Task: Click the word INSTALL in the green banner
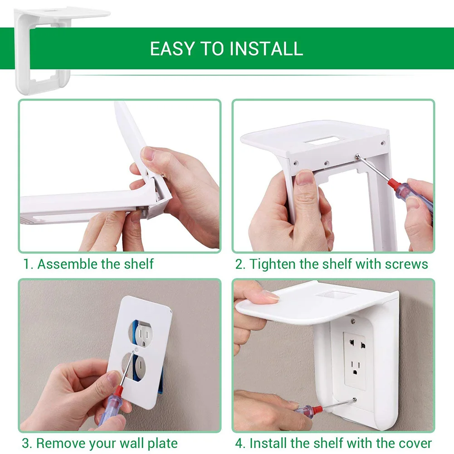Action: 267,49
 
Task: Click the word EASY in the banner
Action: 172,49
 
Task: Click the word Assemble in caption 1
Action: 68,264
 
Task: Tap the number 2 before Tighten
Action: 239,264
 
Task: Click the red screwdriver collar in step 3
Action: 118,393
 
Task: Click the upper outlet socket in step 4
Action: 357,344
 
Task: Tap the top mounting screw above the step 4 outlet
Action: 353,321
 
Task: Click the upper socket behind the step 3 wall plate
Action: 143,335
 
